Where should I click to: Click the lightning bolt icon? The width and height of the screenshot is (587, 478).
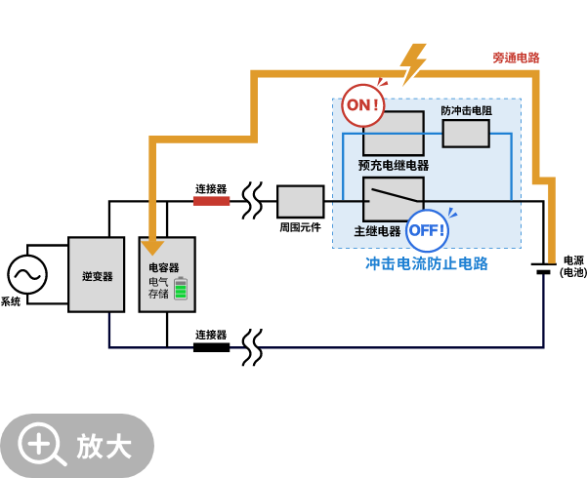(x=413, y=64)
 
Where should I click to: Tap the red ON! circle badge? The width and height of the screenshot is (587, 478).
(x=362, y=105)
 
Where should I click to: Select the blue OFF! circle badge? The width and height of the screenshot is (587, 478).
(x=427, y=230)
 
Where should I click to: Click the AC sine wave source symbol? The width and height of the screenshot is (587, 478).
(x=27, y=274)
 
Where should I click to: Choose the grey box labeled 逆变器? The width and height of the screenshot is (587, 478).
(x=97, y=275)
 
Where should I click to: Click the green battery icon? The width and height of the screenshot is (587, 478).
(x=181, y=289)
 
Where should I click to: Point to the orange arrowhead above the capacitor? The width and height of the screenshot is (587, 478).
(x=152, y=247)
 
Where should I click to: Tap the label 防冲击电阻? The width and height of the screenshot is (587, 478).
(x=466, y=110)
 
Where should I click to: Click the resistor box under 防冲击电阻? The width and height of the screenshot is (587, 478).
(x=466, y=134)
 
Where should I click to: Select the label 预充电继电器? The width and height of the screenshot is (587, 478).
(x=394, y=165)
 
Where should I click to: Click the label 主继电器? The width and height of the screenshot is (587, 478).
(x=377, y=231)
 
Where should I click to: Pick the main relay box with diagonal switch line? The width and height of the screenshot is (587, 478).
(x=393, y=199)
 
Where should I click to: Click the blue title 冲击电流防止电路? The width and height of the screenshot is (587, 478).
(x=427, y=263)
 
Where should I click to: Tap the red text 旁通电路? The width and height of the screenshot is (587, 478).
(x=516, y=58)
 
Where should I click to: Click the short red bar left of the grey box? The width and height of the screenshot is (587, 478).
(x=211, y=201)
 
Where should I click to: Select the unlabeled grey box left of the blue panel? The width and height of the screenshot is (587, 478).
(x=300, y=201)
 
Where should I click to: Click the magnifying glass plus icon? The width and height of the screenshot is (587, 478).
(x=41, y=445)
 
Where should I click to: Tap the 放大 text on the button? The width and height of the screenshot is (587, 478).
(x=105, y=446)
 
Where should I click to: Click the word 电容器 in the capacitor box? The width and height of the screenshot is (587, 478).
(x=163, y=267)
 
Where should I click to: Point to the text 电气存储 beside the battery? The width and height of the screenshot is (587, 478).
(x=158, y=288)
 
